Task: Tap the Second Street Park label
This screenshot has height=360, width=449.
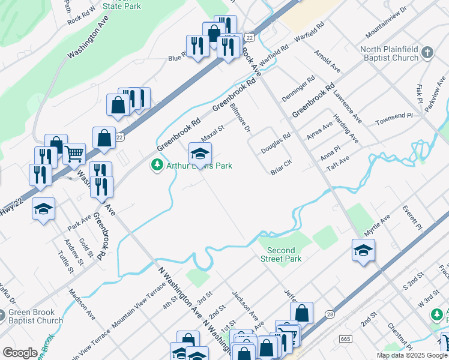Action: point(281,254)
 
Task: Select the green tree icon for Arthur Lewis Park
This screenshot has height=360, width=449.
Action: point(157,164)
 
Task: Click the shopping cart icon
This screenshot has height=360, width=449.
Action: point(74,153)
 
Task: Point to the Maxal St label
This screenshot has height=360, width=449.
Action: point(212,133)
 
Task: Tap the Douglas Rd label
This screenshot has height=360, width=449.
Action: point(276,144)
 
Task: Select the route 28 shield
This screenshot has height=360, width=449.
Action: point(330,314)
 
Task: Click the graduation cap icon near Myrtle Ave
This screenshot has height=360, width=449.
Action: point(363,250)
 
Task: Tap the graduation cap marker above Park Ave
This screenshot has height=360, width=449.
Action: point(43,209)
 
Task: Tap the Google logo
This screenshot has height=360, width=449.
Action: point(20,353)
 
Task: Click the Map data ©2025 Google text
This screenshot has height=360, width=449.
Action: point(412,355)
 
